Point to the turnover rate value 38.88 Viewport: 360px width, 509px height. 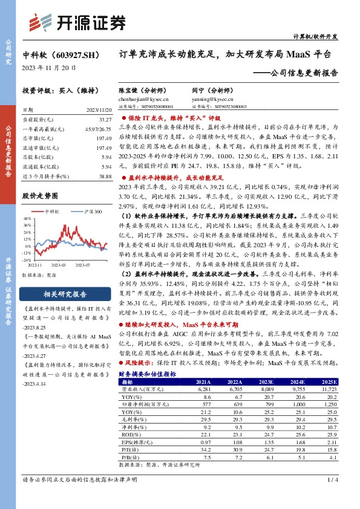[104, 175]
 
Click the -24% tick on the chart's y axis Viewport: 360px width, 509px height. [27, 260]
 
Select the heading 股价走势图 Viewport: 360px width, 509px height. [40, 196]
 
